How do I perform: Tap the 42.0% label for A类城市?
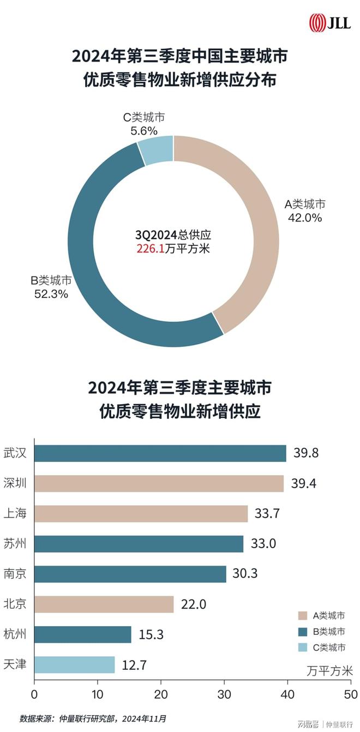[x=305, y=218]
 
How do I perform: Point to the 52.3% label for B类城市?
[x=49, y=294]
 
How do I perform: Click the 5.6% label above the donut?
[x=144, y=130]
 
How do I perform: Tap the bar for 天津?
[x=75, y=664]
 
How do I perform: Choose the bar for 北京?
[x=104, y=604]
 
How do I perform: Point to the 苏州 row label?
[x=15, y=543]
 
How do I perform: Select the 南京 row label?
[x=15, y=574]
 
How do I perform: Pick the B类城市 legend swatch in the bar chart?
[x=302, y=632]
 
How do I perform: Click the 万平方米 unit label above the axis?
[x=329, y=670]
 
